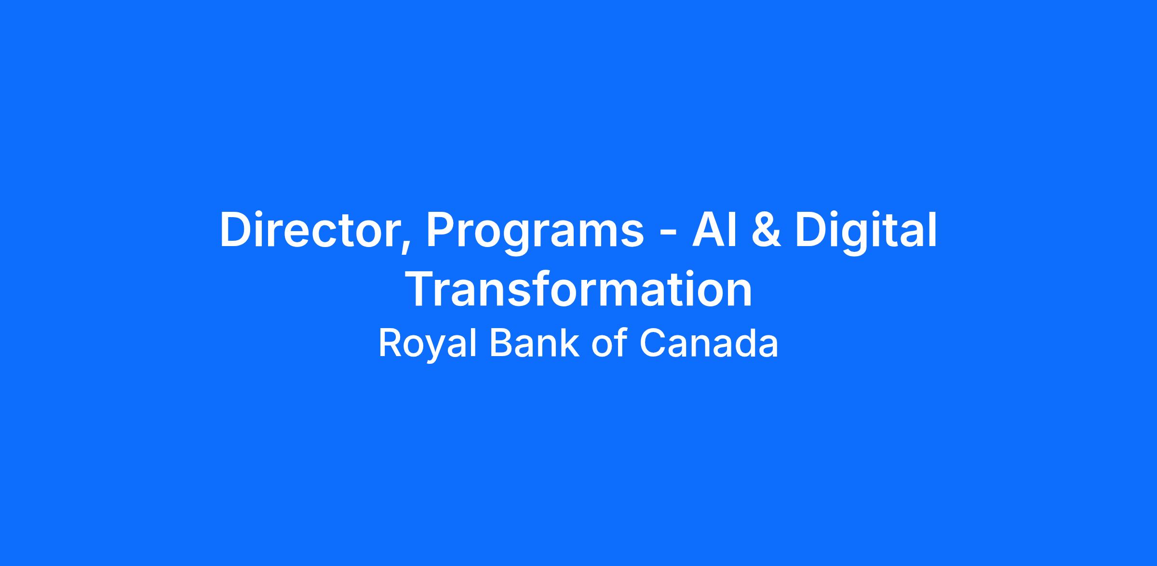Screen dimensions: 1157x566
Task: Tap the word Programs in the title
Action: [x=535, y=234]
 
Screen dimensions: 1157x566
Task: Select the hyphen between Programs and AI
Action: [x=667, y=235]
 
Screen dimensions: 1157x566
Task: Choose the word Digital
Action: [x=866, y=233]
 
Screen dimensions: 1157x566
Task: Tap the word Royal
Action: [x=428, y=345]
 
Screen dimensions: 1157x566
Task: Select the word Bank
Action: [x=534, y=343]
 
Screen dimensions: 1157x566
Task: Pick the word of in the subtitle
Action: [x=609, y=343]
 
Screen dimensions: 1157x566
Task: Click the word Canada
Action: [x=709, y=344]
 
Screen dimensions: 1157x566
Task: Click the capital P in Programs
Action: [x=440, y=230]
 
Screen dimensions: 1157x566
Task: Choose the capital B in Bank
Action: [x=501, y=344]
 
